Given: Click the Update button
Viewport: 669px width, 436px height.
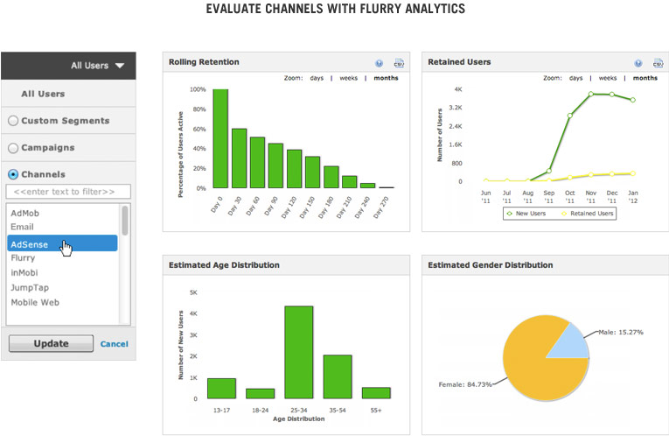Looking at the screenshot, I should click(51, 343).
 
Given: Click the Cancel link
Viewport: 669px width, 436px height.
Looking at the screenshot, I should click(114, 344).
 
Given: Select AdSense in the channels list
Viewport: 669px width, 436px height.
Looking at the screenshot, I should click(61, 244).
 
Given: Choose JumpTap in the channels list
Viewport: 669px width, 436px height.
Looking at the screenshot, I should click(29, 287).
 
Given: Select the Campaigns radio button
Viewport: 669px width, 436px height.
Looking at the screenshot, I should click(13, 148).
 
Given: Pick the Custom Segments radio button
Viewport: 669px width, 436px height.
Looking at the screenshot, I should click(13, 121).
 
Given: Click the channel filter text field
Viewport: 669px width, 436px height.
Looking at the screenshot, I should click(68, 191).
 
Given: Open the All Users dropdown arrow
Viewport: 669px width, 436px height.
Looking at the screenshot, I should click(120, 65).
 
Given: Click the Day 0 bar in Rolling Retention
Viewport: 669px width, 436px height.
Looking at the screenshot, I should click(220, 138).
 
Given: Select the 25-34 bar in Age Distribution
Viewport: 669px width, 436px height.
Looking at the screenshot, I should click(299, 352).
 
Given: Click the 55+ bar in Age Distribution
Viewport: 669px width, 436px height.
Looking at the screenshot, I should click(376, 392).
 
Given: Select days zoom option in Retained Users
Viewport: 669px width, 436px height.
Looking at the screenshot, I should click(575, 78).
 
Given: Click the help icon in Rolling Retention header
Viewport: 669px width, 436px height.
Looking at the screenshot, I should click(380, 63).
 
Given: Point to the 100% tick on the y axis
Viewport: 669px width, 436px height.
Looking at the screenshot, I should click(198, 89).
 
